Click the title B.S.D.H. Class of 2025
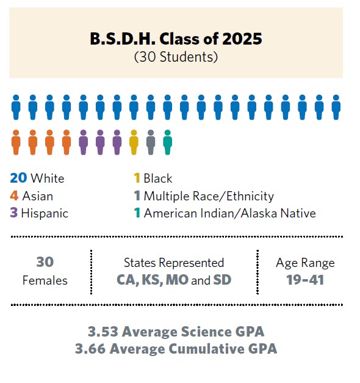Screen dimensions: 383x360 [x=176, y=39]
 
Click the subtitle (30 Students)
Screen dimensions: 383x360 [x=176, y=57]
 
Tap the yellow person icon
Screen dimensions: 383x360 [x=134, y=142]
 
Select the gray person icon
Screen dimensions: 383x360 [x=151, y=142]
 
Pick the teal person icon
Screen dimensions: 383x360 [x=168, y=142]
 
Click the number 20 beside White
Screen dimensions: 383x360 [x=18, y=178]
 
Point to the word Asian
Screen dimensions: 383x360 [x=38, y=196]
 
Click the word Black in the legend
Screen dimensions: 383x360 [x=158, y=178]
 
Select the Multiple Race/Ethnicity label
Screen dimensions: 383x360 [x=209, y=196]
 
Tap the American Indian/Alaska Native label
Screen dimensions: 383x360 [x=229, y=213]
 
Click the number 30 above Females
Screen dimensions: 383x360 [x=45, y=262]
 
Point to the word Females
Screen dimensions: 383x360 [x=45, y=280]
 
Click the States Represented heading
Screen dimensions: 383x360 [x=174, y=263]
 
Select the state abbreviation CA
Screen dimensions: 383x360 [x=126, y=280]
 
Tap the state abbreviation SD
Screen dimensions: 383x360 [x=223, y=280]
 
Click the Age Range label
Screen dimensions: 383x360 [x=305, y=263]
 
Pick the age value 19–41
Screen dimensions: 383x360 [x=305, y=280]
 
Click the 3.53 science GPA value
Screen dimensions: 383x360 [x=103, y=332]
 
